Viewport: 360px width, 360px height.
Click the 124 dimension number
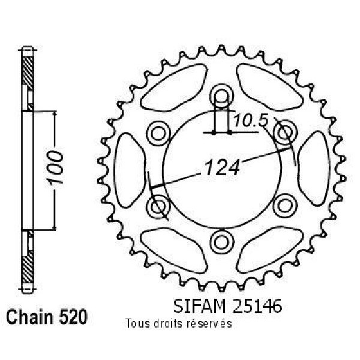pos(222,167)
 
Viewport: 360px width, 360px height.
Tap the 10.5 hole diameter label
pos(251,121)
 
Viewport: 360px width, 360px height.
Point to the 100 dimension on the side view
pos(55,168)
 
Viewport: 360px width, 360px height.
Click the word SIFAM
pos(199,306)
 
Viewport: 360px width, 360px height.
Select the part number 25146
pos(257,306)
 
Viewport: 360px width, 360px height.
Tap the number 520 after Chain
pos(73,317)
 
